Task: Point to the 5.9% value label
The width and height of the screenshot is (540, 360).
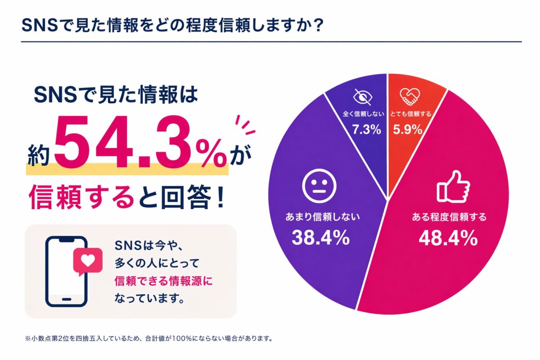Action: [x=408, y=130]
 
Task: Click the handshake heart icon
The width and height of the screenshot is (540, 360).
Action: [x=409, y=95]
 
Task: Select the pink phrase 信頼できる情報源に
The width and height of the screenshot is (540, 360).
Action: [x=163, y=282]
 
